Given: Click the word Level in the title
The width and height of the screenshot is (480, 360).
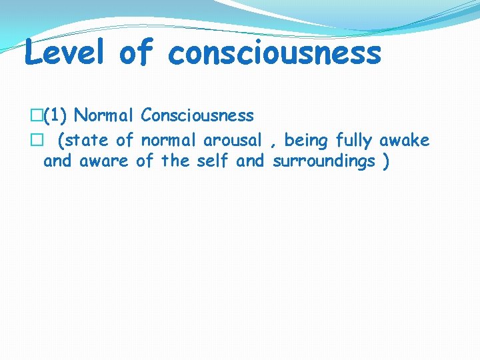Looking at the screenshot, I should [x=65, y=53].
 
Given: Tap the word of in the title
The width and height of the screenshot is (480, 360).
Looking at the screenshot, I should [x=137, y=53].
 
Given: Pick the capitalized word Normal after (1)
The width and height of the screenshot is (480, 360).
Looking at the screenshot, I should [x=105, y=116].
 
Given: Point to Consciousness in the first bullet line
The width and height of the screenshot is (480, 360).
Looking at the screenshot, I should [x=197, y=116].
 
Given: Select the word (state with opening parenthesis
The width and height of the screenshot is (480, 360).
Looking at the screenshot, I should [x=84, y=141].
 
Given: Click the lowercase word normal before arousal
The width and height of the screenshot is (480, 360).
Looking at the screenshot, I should [x=169, y=141].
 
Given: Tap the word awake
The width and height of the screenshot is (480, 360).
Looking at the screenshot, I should [x=405, y=141].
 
